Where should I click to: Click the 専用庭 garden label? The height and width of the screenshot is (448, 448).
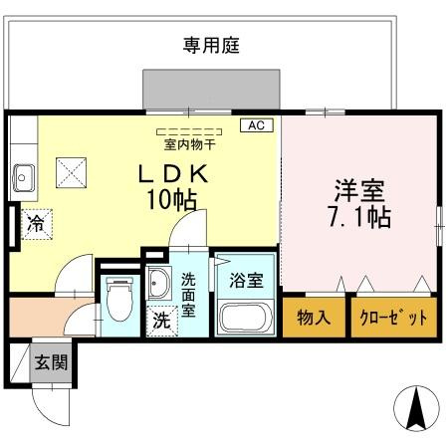[211, 45]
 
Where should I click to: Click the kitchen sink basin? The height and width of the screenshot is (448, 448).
[24, 179]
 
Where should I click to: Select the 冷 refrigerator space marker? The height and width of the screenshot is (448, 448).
[35, 223]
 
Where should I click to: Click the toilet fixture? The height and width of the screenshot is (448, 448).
[117, 299]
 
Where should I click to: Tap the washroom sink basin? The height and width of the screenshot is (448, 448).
[157, 287]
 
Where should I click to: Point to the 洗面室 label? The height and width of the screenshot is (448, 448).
[187, 295]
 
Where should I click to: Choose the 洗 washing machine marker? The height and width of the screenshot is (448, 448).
[159, 322]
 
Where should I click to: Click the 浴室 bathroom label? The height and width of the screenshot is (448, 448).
[245, 280]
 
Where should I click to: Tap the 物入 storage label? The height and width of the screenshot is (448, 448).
[313, 319]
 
